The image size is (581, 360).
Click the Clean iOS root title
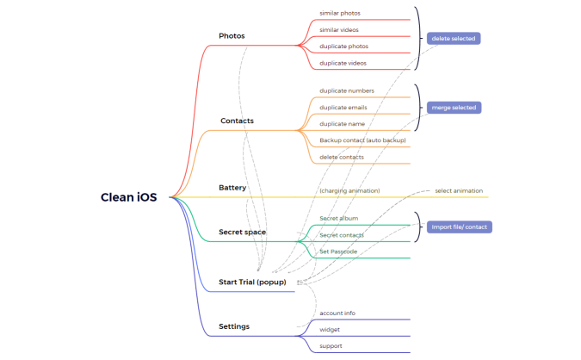pyautogui.click(x=128, y=197)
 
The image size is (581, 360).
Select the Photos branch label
pyautogui.click(x=232, y=36)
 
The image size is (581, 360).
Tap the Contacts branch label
pyautogui.click(x=238, y=121)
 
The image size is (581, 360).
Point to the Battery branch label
pyautogui.click(x=232, y=188)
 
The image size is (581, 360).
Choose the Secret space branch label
pyautogui.click(x=243, y=232)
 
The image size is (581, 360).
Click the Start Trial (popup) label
pyautogui.click(x=252, y=282)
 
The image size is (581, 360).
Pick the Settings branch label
pyautogui.click(x=234, y=326)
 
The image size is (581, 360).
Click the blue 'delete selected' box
pyautogui.click(x=454, y=39)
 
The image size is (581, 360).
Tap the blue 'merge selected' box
pyautogui.click(x=454, y=108)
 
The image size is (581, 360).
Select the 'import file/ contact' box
pyautogui.click(x=460, y=227)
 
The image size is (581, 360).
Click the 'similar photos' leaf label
pyautogui.click(x=340, y=13)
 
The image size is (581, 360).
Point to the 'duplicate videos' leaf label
pyautogui.click(x=343, y=64)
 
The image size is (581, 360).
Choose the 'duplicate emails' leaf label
pyautogui.click(x=343, y=108)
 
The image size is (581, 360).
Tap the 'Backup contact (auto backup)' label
pyautogui.click(x=362, y=140)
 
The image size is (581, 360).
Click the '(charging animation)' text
pyautogui.click(x=349, y=191)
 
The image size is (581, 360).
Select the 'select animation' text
pyautogui.click(x=459, y=191)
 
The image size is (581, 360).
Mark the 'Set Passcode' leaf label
pyautogui.click(x=338, y=251)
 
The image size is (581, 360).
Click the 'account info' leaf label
pyautogui.click(x=337, y=313)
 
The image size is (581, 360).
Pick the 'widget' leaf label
pyautogui.click(x=330, y=330)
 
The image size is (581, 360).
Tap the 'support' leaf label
pyautogui.click(x=331, y=346)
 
